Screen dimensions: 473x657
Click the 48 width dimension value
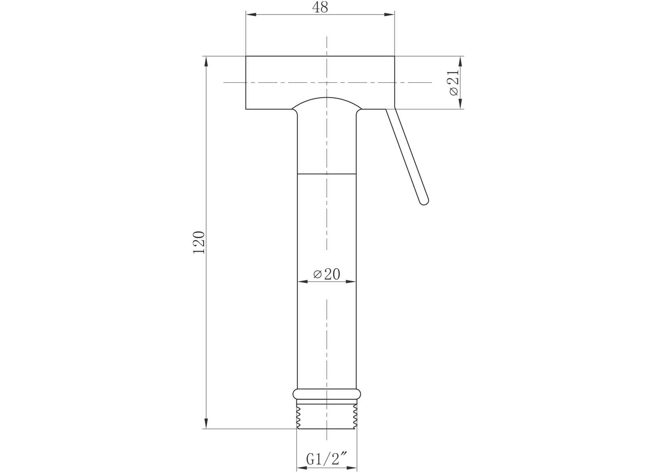coord(320,7)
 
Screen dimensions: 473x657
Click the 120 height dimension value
coord(199,242)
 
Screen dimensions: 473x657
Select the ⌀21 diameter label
coord(454,82)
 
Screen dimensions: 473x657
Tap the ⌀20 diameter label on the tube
coord(327,274)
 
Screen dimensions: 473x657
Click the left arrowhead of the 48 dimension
coord(251,15)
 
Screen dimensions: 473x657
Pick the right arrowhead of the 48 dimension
coord(389,15)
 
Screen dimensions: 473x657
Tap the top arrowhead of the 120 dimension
coord(206,61)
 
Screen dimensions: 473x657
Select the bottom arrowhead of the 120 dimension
coord(206,423)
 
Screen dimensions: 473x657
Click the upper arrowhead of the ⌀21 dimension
coord(460,61)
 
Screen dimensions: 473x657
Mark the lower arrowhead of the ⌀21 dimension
coord(460,104)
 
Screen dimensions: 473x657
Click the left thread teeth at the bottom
coord(299,417)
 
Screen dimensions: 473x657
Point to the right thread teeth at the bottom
coord(355,417)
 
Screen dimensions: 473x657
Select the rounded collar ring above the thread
coord(327,394)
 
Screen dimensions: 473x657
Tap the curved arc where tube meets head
coord(327,98)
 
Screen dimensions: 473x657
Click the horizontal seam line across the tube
coord(327,174)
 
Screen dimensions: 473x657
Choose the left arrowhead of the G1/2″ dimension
coord(302,469)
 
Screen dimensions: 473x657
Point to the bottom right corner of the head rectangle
coord(394,109)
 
